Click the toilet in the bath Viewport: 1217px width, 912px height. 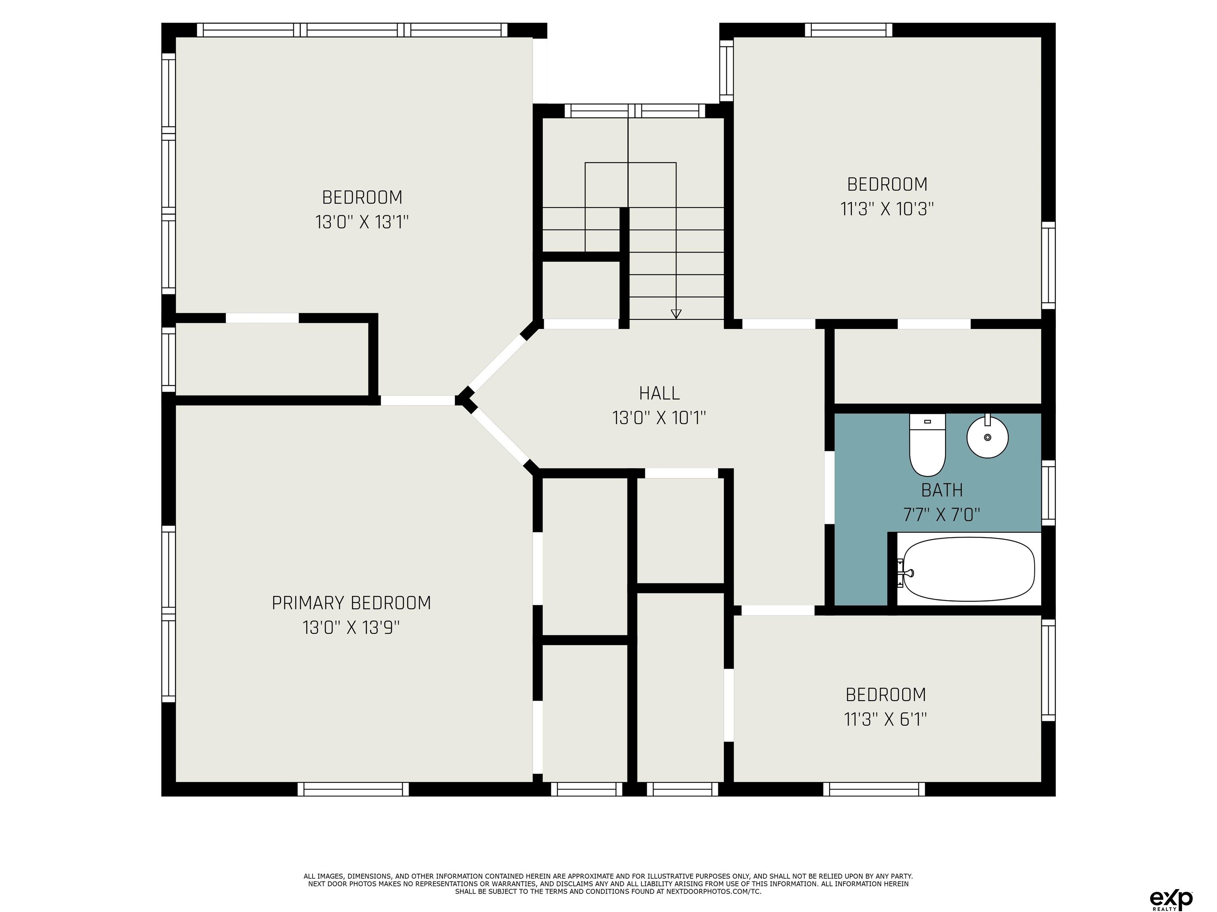point(927,445)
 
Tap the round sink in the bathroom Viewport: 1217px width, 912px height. point(988,437)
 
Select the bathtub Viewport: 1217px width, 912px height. point(968,569)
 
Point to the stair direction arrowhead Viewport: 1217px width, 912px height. point(676,314)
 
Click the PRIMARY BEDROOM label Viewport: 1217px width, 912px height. point(351,603)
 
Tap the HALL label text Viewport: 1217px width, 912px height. point(659,393)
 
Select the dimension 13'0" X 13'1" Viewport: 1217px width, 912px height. point(362,222)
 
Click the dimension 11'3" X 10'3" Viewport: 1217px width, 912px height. point(887,209)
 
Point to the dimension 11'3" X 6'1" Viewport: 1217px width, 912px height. point(886,719)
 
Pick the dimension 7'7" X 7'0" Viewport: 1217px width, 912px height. point(942,515)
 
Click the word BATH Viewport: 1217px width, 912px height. point(942,490)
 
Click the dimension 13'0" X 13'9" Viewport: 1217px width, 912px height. point(351,627)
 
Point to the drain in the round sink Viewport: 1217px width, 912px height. point(988,437)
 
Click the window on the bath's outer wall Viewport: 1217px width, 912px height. point(1049,492)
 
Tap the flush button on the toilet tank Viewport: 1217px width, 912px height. point(927,422)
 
